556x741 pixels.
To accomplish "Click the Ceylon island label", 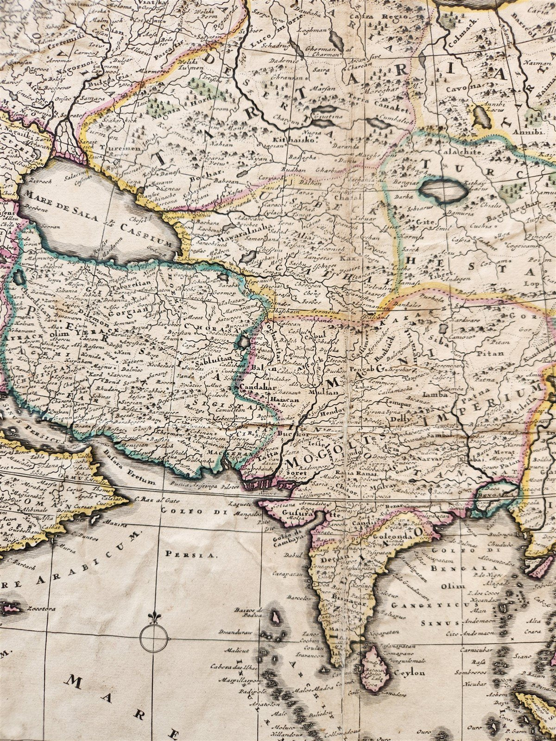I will point(409,672).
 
